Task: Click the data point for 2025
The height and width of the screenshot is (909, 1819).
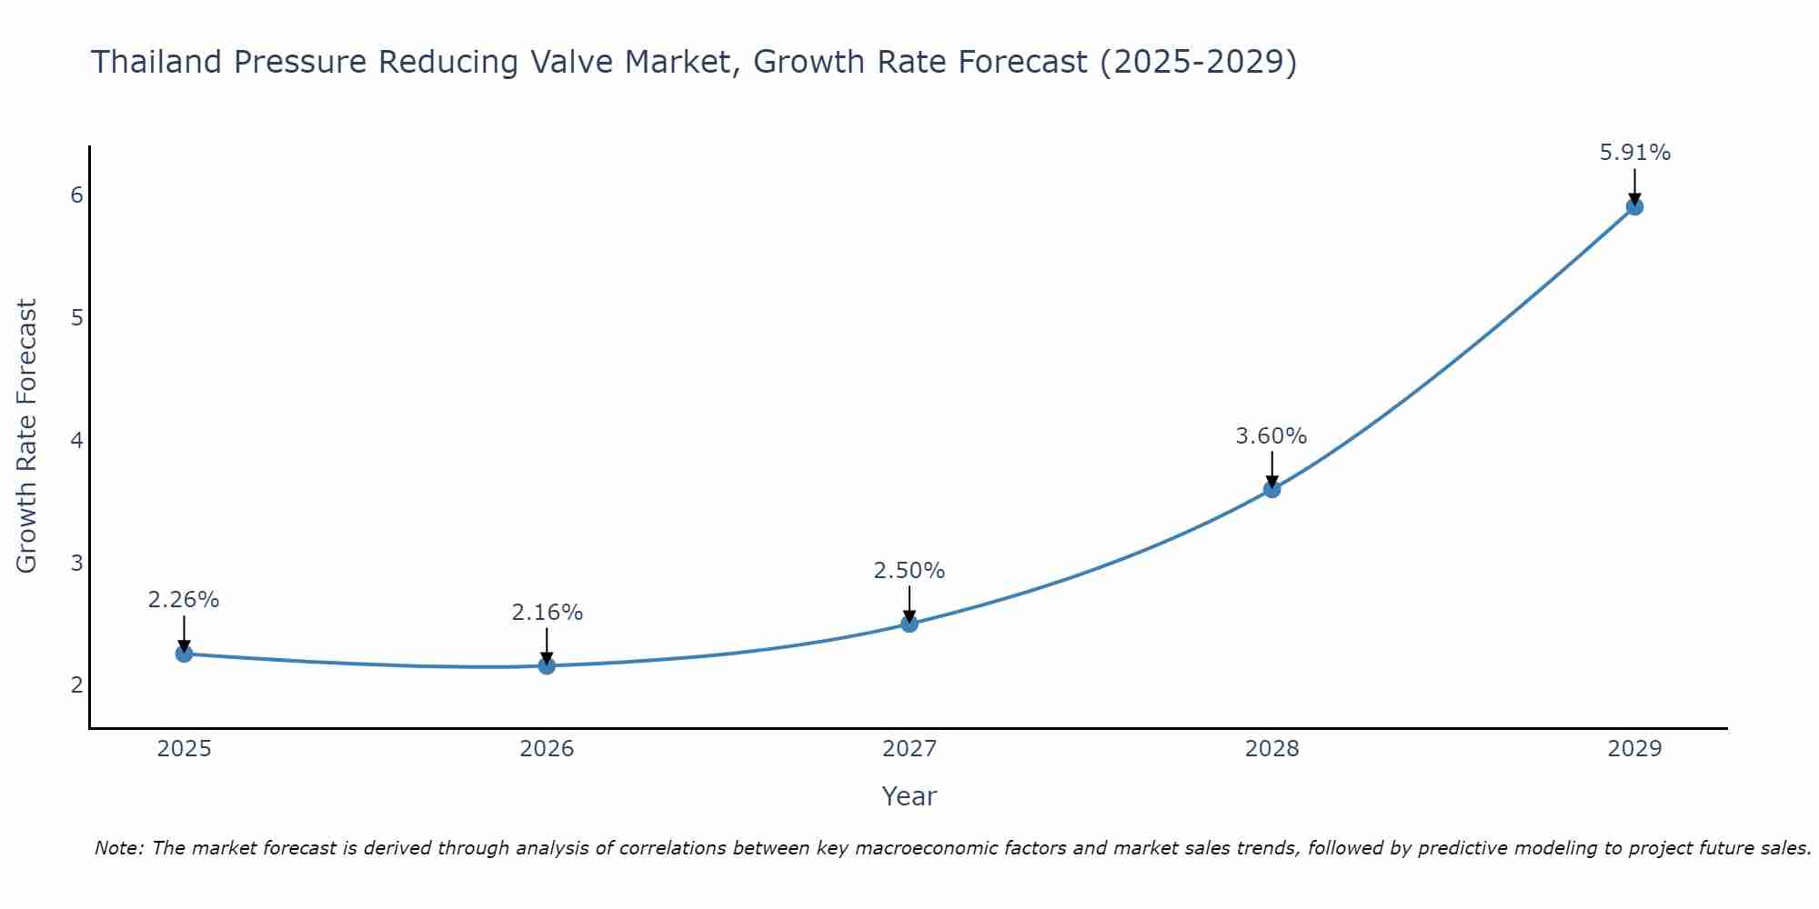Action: (x=184, y=654)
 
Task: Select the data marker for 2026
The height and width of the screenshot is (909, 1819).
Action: (x=547, y=665)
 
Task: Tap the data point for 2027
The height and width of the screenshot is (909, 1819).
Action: (x=909, y=624)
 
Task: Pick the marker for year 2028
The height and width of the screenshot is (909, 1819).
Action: (x=1271, y=489)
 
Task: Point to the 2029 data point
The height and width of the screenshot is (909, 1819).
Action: (x=1634, y=206)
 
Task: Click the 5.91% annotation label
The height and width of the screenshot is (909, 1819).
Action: (x=1634, y=153)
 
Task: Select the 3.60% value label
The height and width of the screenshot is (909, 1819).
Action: (x=1271, y=436)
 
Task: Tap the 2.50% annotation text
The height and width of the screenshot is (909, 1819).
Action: (x=909, y=571)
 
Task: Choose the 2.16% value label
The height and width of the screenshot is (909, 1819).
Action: (x=547, y=613)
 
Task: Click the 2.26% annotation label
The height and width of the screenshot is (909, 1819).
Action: (x=184, y=600)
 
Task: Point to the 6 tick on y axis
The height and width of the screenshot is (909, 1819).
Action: (x=76, y=195)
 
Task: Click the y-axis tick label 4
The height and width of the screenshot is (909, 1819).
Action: (x=76, y=440)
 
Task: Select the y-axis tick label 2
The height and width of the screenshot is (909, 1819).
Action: (x=76, y=684)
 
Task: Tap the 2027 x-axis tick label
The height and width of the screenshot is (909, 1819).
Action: (x=909, y=749)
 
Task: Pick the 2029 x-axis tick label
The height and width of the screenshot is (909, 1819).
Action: (x=1634, y=749)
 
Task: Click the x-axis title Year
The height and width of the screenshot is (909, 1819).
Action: (x=909, y=796)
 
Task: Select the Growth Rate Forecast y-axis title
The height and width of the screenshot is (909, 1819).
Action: (x=27, y=436)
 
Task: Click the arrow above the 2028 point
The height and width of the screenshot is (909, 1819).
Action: (x=1271, y=468)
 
